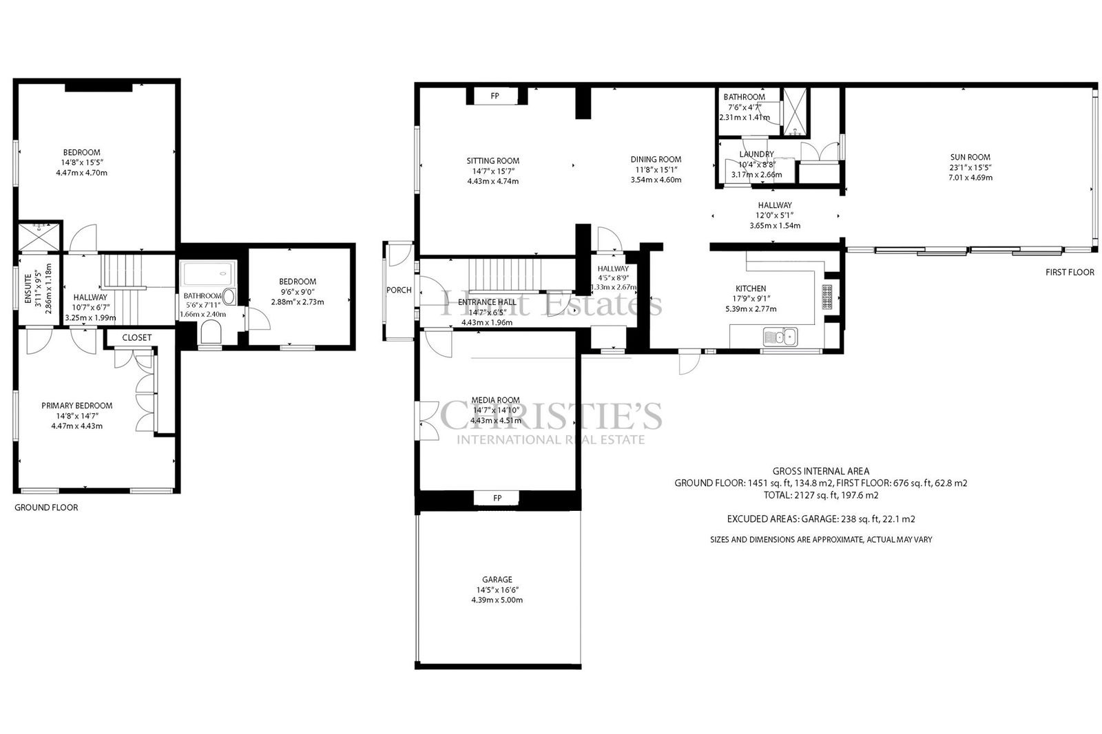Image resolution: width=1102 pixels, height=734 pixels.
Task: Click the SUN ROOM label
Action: tap(970, 158)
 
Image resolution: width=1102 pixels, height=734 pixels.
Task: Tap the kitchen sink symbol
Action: tap(780, 337)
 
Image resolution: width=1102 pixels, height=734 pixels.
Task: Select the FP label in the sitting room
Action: tap(495, 96)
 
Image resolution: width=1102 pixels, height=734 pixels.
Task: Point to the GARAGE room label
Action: tap(497, 580)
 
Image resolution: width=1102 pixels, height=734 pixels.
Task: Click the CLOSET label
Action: tap(137, 337)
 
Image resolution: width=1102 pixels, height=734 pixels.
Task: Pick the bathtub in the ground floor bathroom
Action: tap(208, 273)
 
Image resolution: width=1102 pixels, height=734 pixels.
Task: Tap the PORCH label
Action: tap(399, 291)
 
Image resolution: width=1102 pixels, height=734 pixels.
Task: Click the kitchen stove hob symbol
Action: tap(826, 297)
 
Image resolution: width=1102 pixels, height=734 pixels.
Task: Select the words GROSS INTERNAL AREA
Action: tap(820, 471)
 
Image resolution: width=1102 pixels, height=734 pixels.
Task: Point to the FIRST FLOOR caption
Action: tap(1070, 272)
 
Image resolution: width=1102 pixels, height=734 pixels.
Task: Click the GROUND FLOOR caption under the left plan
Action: tap(46, 507)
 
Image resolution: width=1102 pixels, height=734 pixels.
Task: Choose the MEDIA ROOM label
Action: tap(495, 401)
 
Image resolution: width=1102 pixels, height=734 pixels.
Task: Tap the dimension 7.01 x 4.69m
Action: tap(970, 178)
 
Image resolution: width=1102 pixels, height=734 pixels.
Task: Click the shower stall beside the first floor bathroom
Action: tap(796, 112)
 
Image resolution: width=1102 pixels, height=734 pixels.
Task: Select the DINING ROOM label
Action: tap(656, 159)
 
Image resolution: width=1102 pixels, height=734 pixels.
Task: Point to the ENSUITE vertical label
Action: tap(28, 289)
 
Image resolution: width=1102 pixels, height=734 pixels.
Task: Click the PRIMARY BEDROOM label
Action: tap(76, 406)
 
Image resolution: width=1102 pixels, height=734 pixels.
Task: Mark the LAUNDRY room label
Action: tap(757, 154)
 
